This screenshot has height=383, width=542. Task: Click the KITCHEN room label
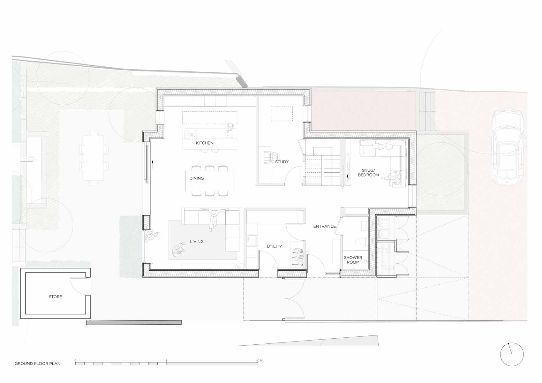pos(205,143)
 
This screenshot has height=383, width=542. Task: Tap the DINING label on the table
pos(197,178)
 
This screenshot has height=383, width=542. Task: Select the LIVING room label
pos(197,242)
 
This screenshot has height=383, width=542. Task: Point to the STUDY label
pos(282,162)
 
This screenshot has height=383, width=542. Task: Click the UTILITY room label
pos(274,246)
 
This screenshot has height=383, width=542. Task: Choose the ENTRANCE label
pos(325,226)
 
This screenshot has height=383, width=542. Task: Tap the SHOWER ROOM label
pos(353,259)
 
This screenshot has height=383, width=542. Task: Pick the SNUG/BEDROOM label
pos(368,172)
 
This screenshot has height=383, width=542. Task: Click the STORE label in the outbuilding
pos(56,297)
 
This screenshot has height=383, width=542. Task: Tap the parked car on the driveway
pos(508,147)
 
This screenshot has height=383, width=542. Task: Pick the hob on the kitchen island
pos(192,134)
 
